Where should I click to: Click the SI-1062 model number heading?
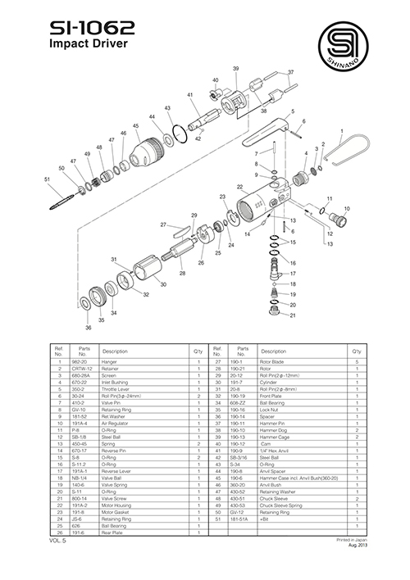click(x=89, y=28)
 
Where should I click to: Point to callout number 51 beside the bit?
click(x=48, y=179)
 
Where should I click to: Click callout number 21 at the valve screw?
click(x=293, y=315)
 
